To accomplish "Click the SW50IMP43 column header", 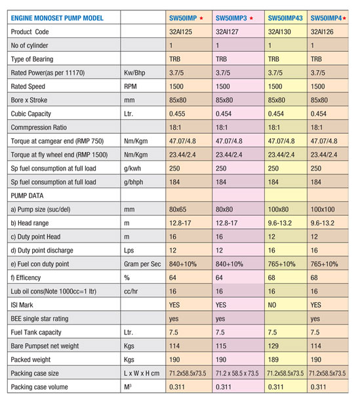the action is coord(285,18).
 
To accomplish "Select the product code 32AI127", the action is coord(227,31).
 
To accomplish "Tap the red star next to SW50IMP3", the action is coord(251,18).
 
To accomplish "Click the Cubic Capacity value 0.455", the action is coord(177,114).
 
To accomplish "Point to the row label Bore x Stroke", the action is coord(29,100).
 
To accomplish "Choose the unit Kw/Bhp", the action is coord(134,73).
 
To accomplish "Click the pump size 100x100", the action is coord(323,209).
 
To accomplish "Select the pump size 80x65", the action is coord(178,209).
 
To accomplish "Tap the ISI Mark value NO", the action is coord(271,305).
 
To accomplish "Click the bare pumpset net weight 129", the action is coord(273,346).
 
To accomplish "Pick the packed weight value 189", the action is coord(273,359).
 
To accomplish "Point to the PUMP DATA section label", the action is coord(27,196).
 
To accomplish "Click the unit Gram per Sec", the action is coord(142,264).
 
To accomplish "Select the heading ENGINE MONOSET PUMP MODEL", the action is coord(57,18).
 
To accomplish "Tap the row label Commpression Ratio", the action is coord(39,127).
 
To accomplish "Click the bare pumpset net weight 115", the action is coord(221,346).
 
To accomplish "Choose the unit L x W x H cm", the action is coord(142,373).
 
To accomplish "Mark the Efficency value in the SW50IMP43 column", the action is coord(271,277).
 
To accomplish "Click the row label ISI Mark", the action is coord(22,305).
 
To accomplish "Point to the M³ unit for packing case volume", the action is coord(128,387).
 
